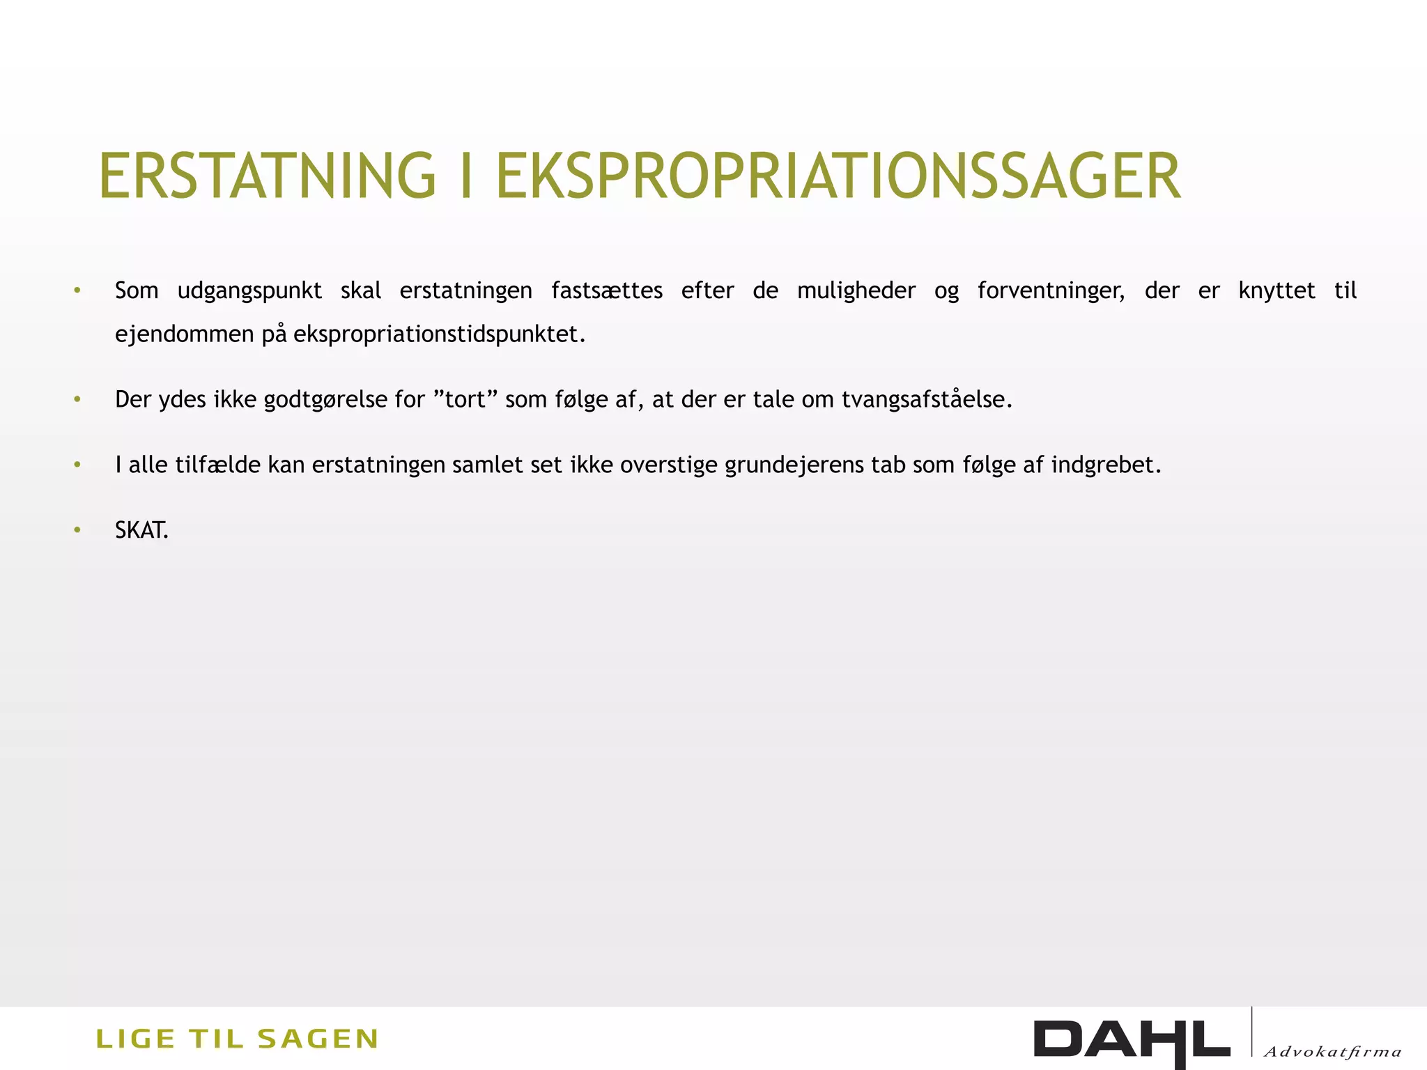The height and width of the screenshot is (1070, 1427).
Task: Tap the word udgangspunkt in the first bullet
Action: point(249,290)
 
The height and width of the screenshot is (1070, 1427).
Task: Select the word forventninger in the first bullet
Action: point(1051,290)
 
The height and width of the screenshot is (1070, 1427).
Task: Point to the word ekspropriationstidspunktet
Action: point(439,334)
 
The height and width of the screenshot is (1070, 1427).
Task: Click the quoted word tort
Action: point(465,400)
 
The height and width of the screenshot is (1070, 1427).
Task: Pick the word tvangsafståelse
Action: point(927,400)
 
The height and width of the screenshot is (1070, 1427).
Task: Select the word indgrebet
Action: point(1106,465)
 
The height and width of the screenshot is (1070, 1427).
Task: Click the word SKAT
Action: point(141,531)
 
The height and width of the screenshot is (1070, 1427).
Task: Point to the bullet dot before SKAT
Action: point(77,531)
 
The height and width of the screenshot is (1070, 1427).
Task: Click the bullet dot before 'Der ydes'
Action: point(77,400)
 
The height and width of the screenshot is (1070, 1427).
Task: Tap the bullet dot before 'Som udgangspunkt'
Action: point(77,290)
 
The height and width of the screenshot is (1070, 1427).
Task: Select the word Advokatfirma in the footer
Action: point(1332,1052)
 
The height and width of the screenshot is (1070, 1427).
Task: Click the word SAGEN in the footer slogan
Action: point(318,1039)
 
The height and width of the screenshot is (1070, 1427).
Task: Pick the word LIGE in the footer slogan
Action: point(135,1039)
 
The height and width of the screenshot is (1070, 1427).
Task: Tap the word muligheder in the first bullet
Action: point(856,290)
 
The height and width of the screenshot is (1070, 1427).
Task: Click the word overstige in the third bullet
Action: point(668,465)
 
